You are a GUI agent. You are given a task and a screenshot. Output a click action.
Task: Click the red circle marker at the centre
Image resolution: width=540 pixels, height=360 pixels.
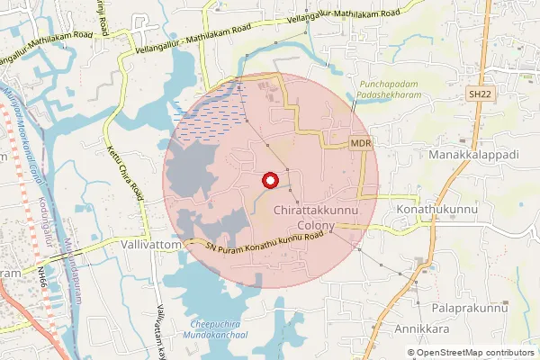(267, 181)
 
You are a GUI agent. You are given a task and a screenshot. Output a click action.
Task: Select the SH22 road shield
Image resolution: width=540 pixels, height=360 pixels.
(479, 93)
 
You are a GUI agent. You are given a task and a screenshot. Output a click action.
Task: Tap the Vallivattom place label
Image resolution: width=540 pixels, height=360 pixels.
(152, 244)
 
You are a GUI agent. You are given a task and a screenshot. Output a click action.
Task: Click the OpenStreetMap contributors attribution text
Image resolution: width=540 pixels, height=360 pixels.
(475, 353)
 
